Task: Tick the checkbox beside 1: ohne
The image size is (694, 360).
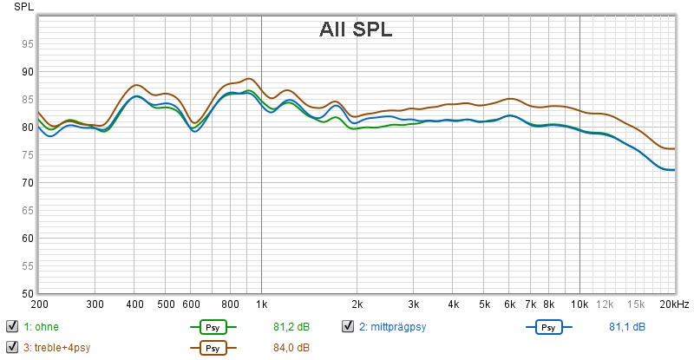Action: click(12, 327)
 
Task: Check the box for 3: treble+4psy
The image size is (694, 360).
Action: click(12, 348)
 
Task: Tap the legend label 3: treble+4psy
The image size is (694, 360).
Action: click(57, 348)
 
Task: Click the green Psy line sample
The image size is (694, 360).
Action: click(212, 327)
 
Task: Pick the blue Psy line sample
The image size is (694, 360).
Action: click(548, 327)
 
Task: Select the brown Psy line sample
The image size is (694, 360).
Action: click(212, 348)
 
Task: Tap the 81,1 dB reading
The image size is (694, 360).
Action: click(626, 327)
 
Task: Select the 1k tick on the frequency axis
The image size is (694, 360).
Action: click(262, 304)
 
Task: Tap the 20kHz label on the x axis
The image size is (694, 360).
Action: click(672, 304)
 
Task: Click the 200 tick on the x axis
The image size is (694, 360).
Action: click(39, 304)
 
